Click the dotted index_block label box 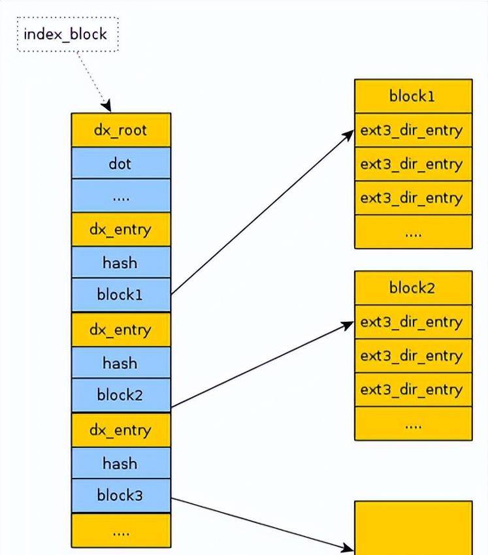(x=67, y=34)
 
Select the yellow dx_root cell (x=121, y=130)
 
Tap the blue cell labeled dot (x=121, y=163)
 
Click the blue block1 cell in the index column (x=121, y=294)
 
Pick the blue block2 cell (x=121, y=395)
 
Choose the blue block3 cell (x=121, y=496)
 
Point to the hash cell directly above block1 (x=121, y=262)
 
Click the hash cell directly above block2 (x=121, y=363)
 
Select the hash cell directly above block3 (x=121, y=464)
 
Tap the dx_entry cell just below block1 (x=121, y=330)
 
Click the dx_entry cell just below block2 (x=121, y=430)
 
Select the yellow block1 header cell (x=413, y=97)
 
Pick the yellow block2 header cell (x=413, y=288)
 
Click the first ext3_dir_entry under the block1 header (x=413, y=131)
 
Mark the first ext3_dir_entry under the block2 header (x=413, y=323)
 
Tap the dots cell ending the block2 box (x=413, y=424)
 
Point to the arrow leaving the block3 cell (x=261, y=523)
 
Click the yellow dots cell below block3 (x=121, y=531)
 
